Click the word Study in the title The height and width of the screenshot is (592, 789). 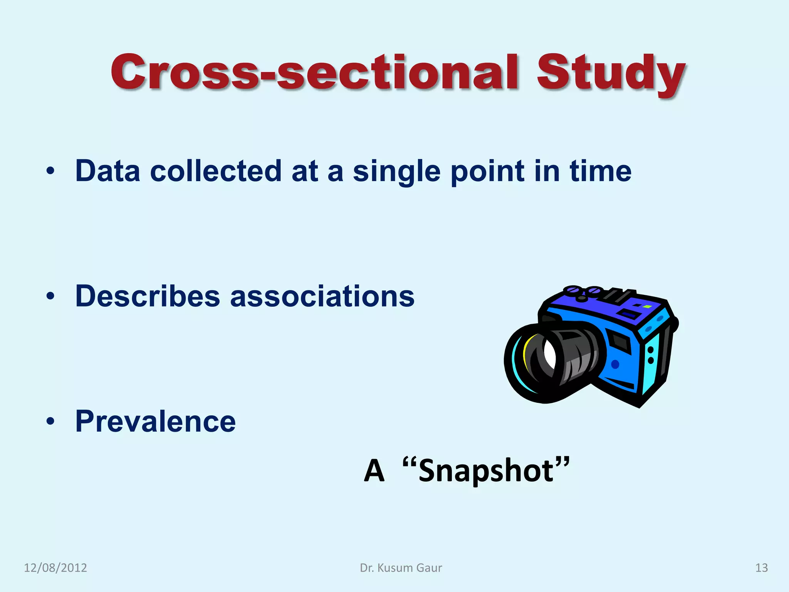click(x=611, y=73)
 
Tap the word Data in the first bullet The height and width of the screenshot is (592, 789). click(x=107, y=171)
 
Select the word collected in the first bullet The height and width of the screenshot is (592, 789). click(x=216, y=171)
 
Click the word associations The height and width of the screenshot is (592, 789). click(x=322, y=296)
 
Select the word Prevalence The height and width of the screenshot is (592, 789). click(x=155, y=421)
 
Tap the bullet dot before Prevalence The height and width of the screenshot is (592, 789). click(x=50, y=422)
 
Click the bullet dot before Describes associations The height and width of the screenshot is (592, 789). click(x=50, y=296)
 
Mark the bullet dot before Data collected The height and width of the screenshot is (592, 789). click(x=50, y=171)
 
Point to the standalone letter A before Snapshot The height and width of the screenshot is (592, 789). click(x=374, y=471)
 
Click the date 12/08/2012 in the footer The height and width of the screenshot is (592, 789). click(x=55, y=568)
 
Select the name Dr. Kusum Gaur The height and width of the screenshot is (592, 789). click(x=401, y=568)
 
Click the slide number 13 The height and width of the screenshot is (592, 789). click(x=761, y=568)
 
